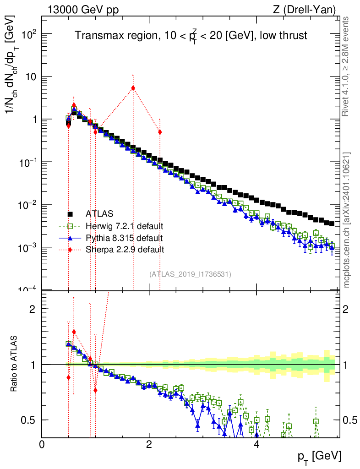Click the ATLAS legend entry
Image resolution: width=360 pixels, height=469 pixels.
point(99,214)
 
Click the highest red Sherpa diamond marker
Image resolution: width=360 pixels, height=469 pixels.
point(133,87)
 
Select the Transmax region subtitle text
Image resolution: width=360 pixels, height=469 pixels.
point(191,35)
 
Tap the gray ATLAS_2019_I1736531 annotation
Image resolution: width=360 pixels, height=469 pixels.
point(190,274)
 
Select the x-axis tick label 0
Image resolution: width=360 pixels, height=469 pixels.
point(42,445)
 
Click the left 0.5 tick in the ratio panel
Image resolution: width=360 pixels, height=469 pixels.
point(29,420)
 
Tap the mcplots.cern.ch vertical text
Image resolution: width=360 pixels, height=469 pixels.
point(347,220)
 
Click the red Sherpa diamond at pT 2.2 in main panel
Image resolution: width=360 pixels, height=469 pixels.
point(160,132)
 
